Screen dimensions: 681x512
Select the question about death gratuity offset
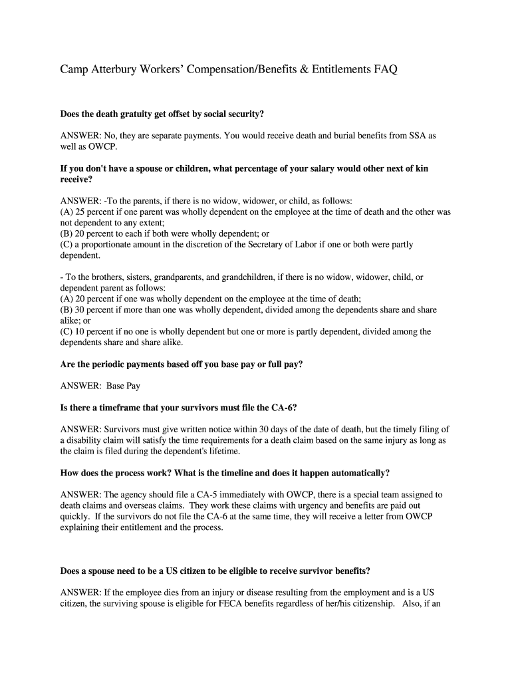tap(166, 114)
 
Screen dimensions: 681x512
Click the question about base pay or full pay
tap(182, 364)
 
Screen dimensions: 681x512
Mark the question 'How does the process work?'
tap(225, 473)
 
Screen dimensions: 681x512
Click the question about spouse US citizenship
tap(215, 571)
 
